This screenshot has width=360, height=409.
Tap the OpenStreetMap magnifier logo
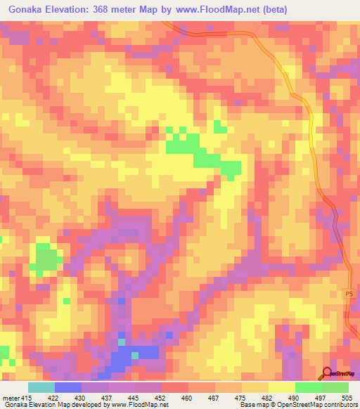327,374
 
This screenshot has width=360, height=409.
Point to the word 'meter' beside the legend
11,397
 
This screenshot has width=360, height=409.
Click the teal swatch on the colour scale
41,387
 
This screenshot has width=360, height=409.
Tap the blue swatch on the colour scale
68,387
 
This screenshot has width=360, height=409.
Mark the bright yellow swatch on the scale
281,387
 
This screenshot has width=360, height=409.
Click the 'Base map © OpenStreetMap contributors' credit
299,405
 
